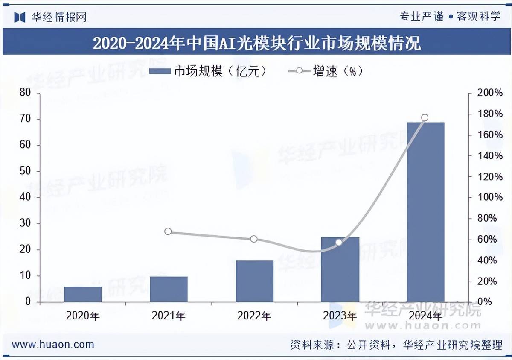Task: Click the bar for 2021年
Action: click(x=169, y=289)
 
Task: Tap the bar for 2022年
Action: click(x=254, y=281)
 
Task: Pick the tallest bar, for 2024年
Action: click(x=425, y=212)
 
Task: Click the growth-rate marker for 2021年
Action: click(x=168, y=231)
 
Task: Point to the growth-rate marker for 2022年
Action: click(x=254, y=239)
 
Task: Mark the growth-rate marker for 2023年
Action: click(x=339, y=242)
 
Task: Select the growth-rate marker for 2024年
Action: click(x=425, y=117)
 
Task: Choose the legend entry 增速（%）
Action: click(x=326, y=71)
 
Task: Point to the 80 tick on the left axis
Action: click(x=25, y=93)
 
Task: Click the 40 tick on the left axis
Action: click(x=25, y=197)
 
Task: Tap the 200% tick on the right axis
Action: click(x=488, y=93)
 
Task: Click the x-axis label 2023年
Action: click(x=340, y=316)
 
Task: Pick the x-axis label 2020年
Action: click(x=83, y=316)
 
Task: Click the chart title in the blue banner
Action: click(x=256, y=43)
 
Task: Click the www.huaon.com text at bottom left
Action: click(x=53, y=344)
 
